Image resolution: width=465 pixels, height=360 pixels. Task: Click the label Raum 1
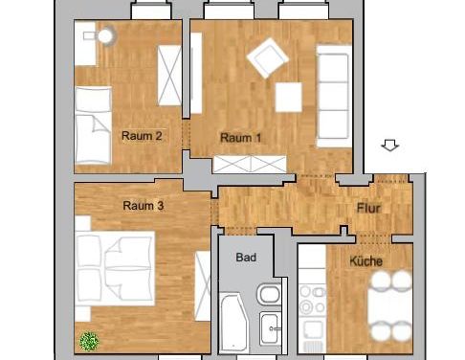(x=241, y=138)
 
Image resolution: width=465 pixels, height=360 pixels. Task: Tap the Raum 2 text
(x=141, y=136)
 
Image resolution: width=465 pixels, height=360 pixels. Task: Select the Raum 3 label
(x=144, y=205)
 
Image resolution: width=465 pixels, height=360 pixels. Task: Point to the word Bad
(x=246, y=258)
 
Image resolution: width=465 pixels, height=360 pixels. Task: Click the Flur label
(x=370, y=209)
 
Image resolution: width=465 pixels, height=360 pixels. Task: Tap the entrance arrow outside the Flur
(x=389, y=146)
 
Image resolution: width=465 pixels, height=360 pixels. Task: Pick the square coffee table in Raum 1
(x=290, y=98)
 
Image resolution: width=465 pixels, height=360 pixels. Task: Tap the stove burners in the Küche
(x=313, y=299)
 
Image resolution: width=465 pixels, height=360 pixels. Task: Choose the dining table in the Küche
(x=391, y=306)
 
